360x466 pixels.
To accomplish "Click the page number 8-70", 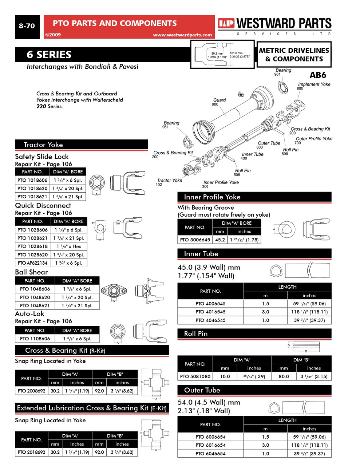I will [x=27, y=26].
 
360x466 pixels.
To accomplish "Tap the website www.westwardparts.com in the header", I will [x=182, y=35].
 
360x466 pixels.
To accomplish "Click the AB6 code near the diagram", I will [x=317, y=75].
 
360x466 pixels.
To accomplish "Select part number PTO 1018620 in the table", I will [x=32, y=188].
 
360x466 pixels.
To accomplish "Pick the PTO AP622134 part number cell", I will [x=32, y=263].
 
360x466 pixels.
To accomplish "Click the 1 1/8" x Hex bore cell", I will [x=69, y=246].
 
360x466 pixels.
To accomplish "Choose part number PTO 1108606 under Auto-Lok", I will [x=35, y=339].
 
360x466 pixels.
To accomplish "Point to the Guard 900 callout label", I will [x=219, y=102].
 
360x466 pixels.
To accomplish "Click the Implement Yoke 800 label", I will [x=314, y=86].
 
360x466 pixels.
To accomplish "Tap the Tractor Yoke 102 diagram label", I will [x=169, y=182].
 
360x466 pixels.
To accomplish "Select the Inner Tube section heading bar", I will [x=254, y=254].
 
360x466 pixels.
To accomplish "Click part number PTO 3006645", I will [x=195, y=240].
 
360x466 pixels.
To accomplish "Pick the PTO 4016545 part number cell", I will [x=210, y=312].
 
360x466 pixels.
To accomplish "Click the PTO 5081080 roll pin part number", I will [x=195, y=376].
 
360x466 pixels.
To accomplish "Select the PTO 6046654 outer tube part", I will [x=210, y=454].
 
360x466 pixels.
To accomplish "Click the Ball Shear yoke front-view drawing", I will [x=114, y=291].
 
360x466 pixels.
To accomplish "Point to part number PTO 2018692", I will [x=32, y=452].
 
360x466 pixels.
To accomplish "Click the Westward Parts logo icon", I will [x=226, y=24].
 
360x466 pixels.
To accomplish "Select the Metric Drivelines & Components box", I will [x=294, y=55].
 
